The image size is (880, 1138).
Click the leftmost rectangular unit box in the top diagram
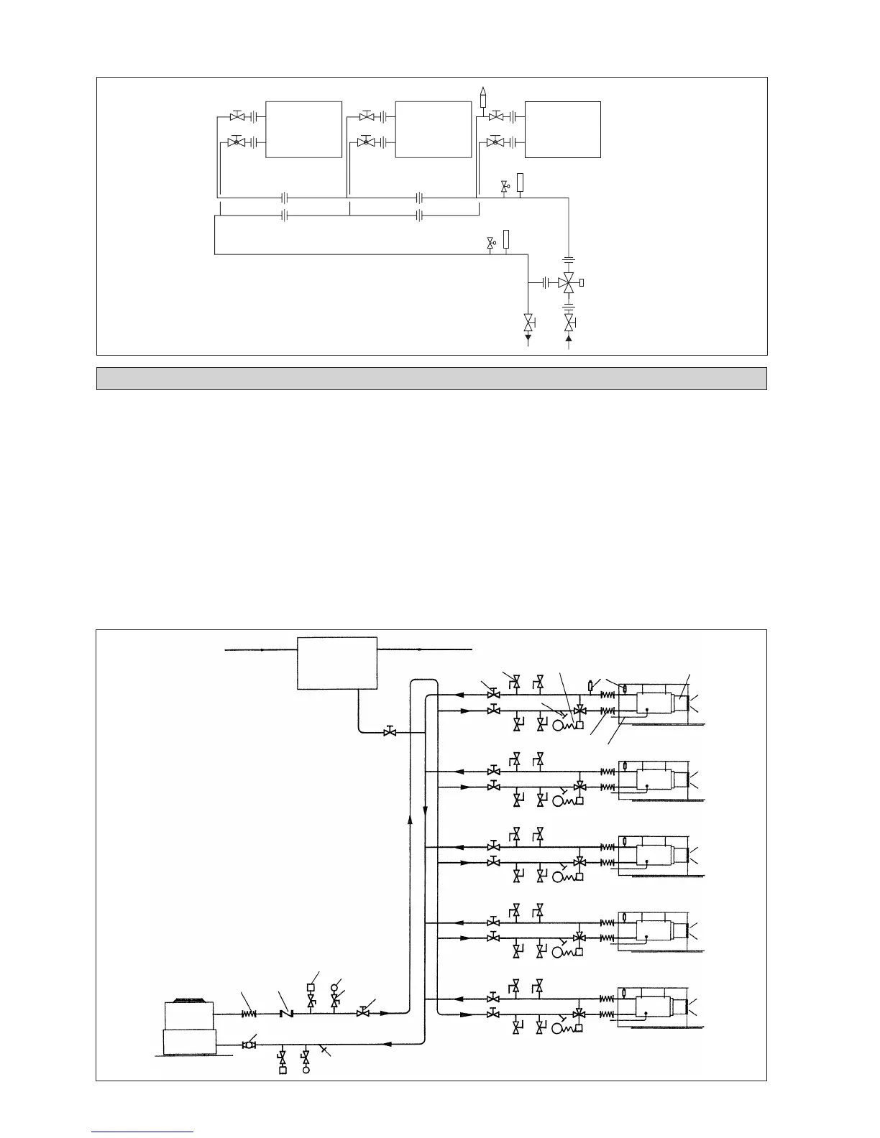[303, 129]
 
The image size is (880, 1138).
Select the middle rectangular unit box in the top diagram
[433, 129]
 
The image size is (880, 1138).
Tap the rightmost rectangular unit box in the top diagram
[562, 129]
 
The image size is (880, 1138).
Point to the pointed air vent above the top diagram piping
[484, 96]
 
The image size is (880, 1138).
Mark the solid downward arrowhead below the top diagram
[528, 336]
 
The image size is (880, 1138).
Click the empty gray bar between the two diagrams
[431, 379]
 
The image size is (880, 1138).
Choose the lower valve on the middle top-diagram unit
[367, 142]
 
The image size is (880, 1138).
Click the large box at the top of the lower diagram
[337, 662]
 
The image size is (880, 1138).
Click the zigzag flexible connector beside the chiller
[249, 1014]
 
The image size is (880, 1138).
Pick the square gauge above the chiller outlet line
[311, 986]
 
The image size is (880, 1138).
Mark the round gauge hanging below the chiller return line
[306, 1070]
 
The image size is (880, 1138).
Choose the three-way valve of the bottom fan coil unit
[578, 1014]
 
